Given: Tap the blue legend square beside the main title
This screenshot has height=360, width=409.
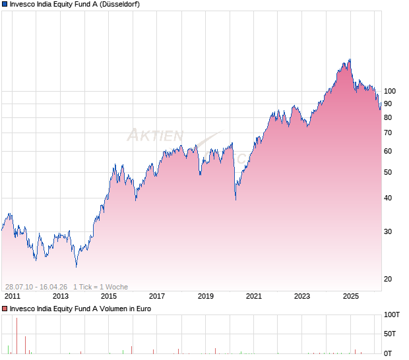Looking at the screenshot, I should click(5, 4).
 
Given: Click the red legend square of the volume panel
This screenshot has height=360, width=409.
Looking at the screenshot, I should click(5, 308).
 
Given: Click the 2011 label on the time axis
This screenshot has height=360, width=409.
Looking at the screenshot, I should click(13, 296).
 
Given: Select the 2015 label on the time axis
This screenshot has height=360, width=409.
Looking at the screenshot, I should click(109, 296).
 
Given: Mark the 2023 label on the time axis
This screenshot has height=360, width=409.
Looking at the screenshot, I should click(302, 296).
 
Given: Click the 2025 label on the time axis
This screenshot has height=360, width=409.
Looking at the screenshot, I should click(350, 296).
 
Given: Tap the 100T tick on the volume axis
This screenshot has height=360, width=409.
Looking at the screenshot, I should click(393, 315).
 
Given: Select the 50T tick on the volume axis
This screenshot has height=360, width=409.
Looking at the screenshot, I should click(391, 334).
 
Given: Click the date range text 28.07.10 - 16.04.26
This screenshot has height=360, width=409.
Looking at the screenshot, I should click(36, 287).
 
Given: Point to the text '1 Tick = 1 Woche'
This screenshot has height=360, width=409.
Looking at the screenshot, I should click(100, 287).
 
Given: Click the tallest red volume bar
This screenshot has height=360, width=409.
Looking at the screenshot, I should click(16, 336).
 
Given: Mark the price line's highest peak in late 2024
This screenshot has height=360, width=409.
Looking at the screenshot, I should click(348, 60).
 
